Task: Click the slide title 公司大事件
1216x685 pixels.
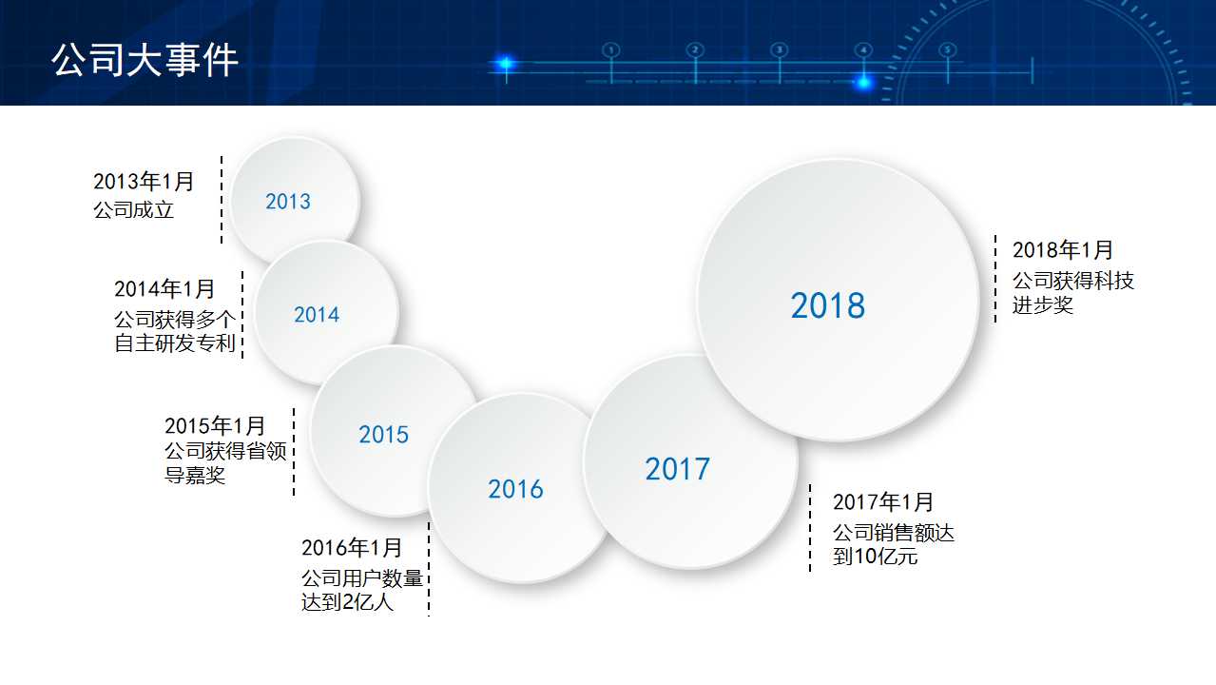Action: pos(145,60)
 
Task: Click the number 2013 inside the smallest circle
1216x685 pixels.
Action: pos(288,202)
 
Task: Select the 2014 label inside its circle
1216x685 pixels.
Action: pos(317,315)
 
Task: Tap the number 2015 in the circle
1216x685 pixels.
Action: pos(383,435)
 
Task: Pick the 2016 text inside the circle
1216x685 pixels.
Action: pos(515,489)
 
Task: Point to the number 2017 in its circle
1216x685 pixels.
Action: pos(677,469)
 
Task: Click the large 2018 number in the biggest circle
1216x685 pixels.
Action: pos(828,305)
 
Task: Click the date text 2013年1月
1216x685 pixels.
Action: pos(144,182)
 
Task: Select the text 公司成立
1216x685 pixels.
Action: pos(134,210)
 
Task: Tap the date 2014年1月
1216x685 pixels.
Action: pos(164,289)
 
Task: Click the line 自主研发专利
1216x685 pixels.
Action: pos(175,343)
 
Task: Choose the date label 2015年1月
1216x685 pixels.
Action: pos(215,425)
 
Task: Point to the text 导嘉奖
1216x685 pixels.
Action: pos(195,475)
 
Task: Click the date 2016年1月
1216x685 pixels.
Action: pos(352,548)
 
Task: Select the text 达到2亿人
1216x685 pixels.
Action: pos(347,602)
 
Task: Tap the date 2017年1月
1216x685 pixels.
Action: pos(883,501)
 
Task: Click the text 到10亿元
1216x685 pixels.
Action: pos(875,557)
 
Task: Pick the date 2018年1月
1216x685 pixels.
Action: pos(1062,250)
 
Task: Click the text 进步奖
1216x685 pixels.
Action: pos(1042,305)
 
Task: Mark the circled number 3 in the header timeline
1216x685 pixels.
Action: pos(779,49)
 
